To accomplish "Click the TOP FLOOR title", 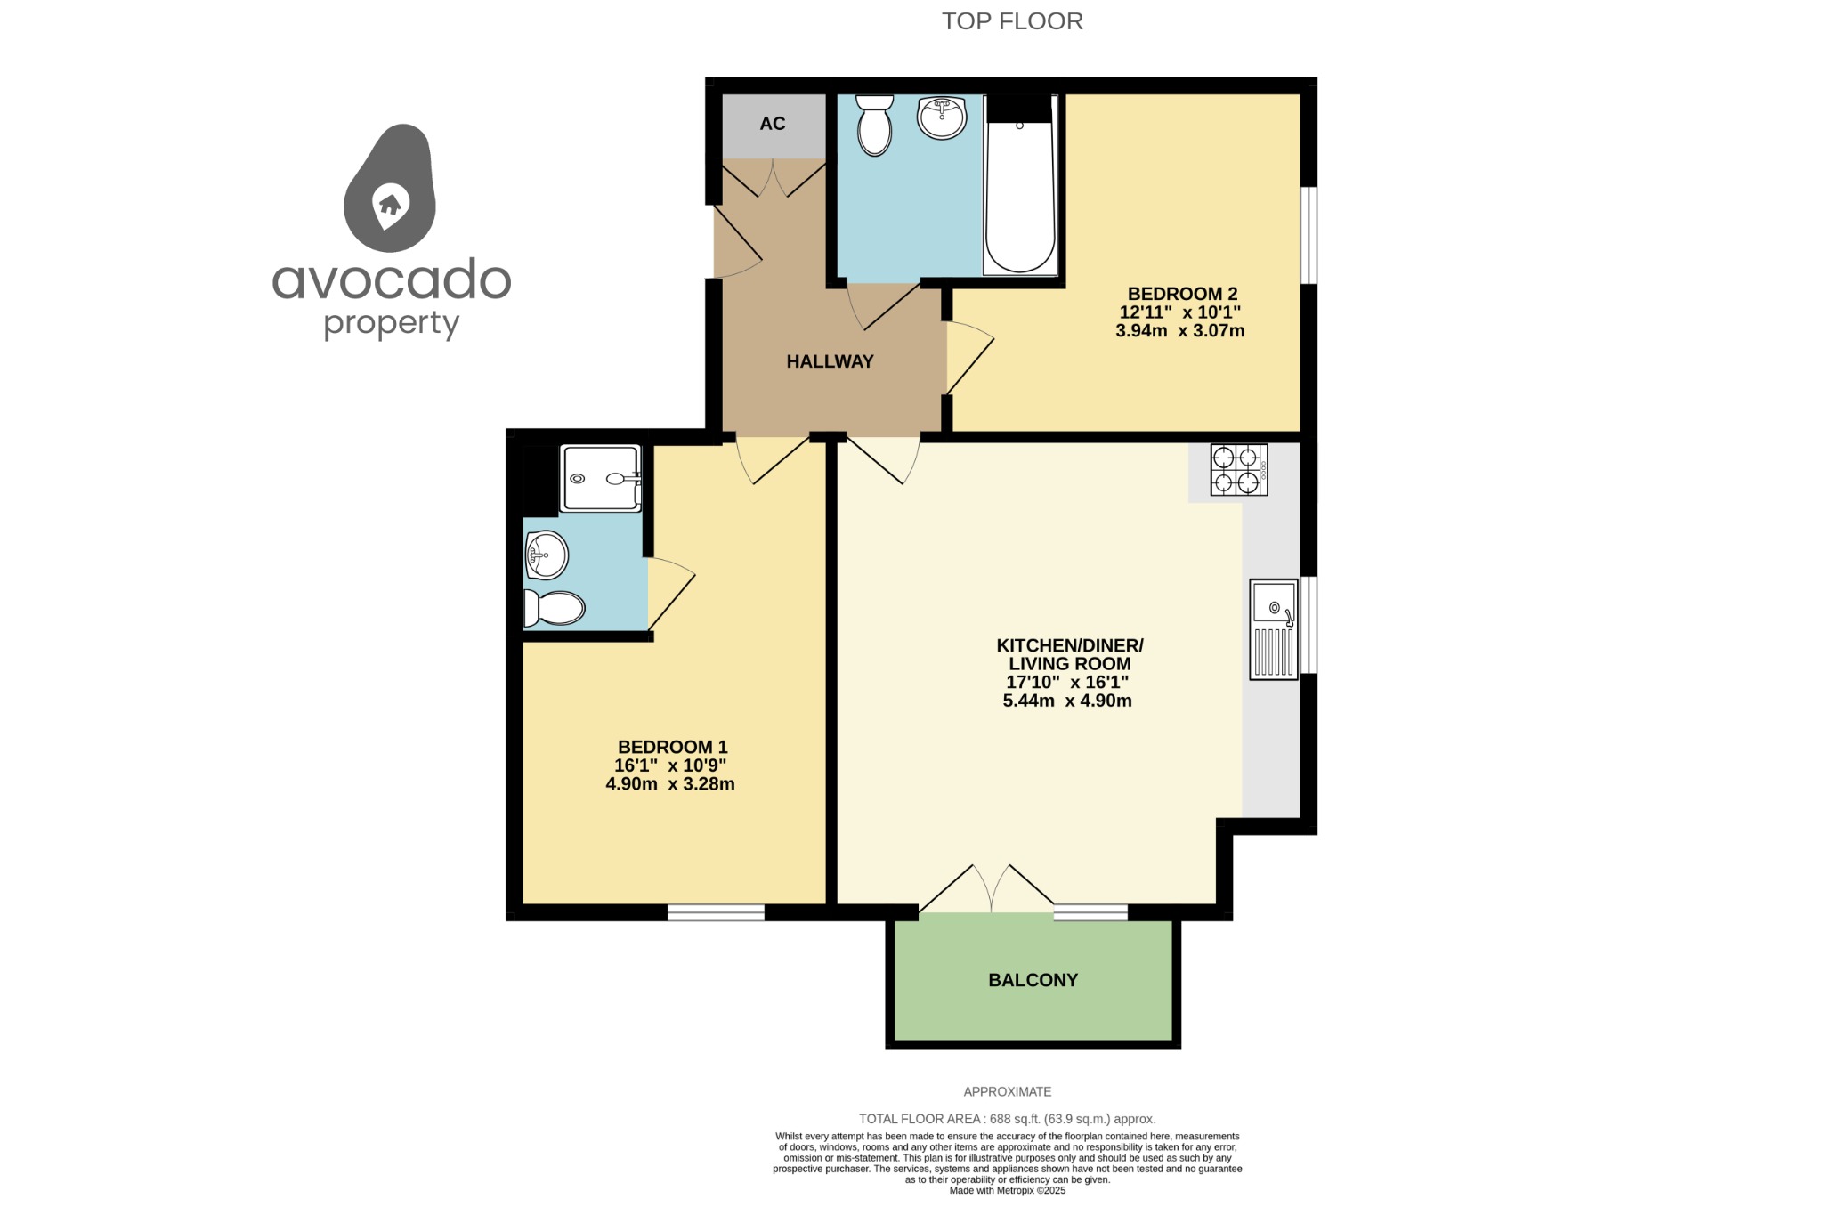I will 1012,21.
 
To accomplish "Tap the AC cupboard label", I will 772,124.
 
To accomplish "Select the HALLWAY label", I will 830,361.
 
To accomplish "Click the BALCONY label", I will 1033,980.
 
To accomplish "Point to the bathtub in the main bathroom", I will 1020,196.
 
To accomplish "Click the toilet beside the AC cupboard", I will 874,126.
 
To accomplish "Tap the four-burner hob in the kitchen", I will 1238,470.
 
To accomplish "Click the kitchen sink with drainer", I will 1274,629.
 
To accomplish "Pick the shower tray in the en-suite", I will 600,479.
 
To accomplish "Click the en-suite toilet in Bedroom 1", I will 555,608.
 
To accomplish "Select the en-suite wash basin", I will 546,555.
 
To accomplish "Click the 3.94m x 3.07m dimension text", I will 1179,331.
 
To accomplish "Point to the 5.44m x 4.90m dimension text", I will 1066,701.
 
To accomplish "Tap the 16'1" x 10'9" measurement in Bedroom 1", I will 670,765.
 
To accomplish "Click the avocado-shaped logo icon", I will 390,189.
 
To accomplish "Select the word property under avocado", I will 391,323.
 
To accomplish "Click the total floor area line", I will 1007,1119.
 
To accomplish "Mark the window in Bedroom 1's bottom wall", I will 716,912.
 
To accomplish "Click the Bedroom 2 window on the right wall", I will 1309,235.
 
